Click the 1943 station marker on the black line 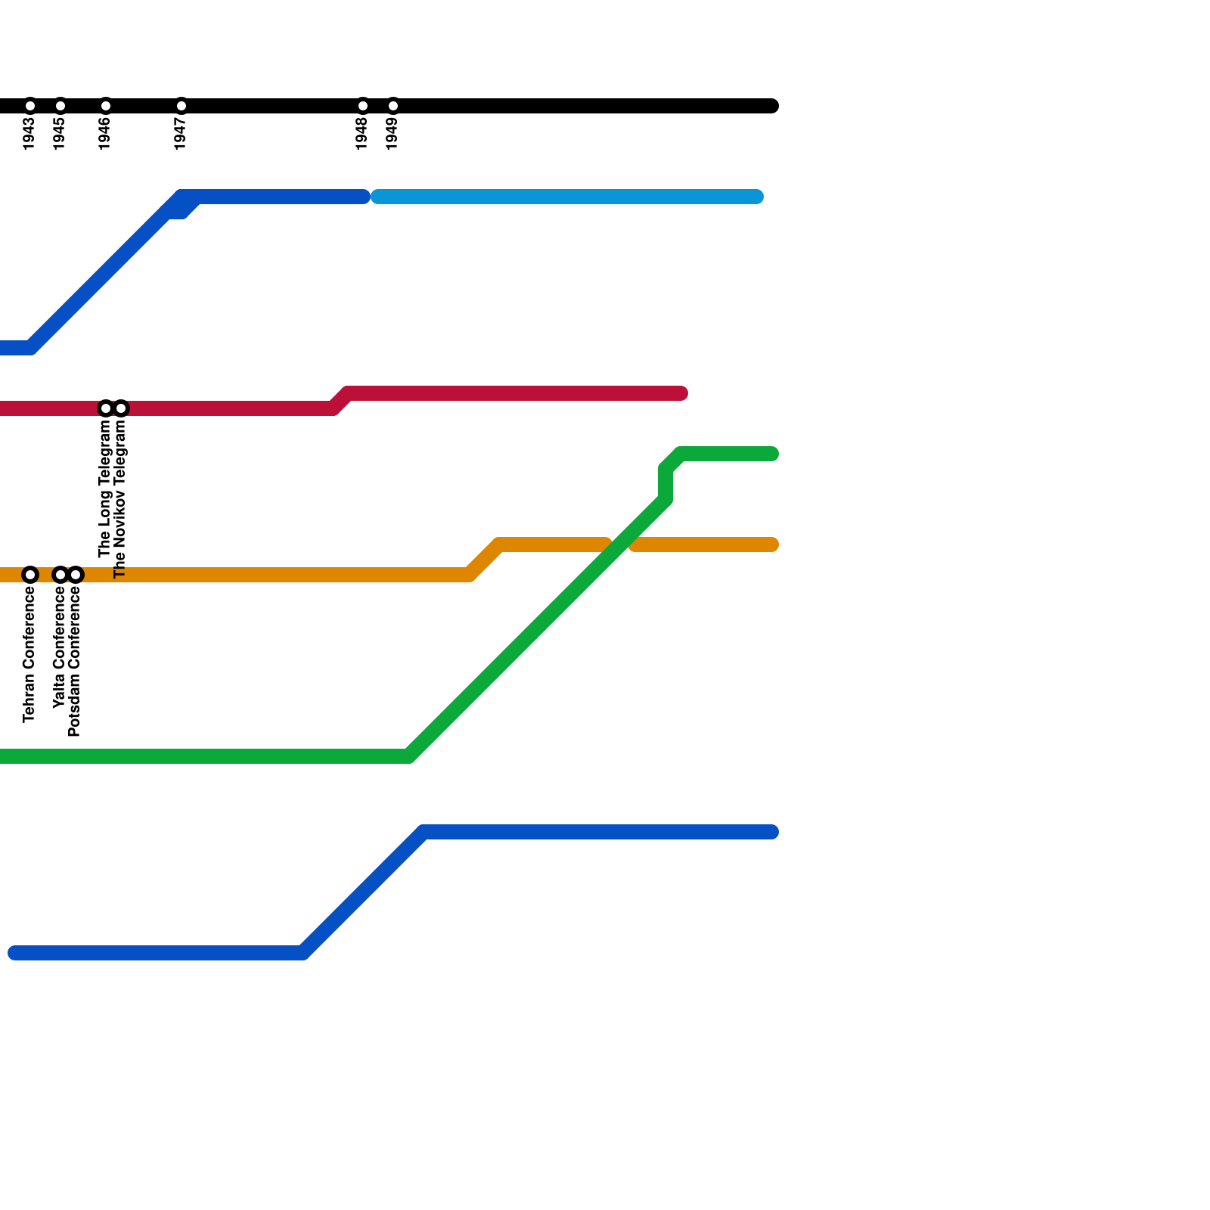(x=30, y=106)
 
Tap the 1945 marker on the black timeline (x=60, y=106)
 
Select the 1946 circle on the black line (x=106, y=106)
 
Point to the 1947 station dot (x=181, y=106)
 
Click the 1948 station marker (x=363, y=106)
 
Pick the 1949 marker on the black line (x=393, y=106)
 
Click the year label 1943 (x=29, y=134)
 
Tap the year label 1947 (x=181, y=134)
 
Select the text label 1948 (x=362, y=134)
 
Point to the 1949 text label (x=392, y=134)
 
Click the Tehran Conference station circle (x=30, y=576)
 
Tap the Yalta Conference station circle (x=60, y=576)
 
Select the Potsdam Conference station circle (x=76, y=576)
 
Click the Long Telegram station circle (x=106, y=409)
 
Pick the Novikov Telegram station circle (x=121, y=409)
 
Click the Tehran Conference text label (x=29, y=655)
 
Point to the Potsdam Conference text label (x=75, y=662)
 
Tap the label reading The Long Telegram (x=105, y=489)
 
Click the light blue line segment (x=567, y=197)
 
